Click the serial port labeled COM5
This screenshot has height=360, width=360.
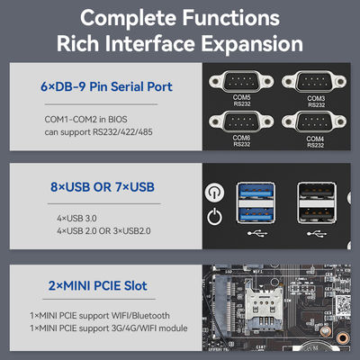pyautogui.click(x=241, y=81)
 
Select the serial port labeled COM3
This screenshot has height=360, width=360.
pyautogui.click(x=314, y=81)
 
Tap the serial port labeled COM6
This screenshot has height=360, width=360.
pyautogui.click(x=241, y=121)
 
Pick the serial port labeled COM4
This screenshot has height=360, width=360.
pyautogui.click(x=314, y=121)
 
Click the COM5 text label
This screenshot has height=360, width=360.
pyautogui.click(x=241, y=97)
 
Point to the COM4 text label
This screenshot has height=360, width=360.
pyautogui.click(x=315, y=139)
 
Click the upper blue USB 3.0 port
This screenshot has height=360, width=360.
pyautogui.click(x=256, y=191)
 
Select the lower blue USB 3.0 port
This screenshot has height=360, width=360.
pyautogui.click(x=256, y=214)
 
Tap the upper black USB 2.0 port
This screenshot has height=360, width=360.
pyautogui.click(x=317, y=191)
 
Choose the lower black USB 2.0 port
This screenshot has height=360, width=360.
pyautogui.click(x=317, y=214)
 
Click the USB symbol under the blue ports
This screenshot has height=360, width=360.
pyautogui.click(x=257, y=233)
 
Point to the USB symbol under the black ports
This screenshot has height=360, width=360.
pyautogui.click(x=317, y=233)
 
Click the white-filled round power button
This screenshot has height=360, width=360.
pyautogui.click(x=214, y=192)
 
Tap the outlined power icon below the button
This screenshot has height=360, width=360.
pyautogui.click(x=214, y=217)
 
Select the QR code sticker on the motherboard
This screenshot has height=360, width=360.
pyautogui.click(x=343, y=305)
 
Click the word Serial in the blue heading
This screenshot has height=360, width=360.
pyautogui.click(x=125, y=86)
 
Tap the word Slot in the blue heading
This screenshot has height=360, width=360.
pyautogui.click(x=136, y=285)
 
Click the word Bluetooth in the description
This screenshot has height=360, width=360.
pyautogui.click(x=151, y=316)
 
